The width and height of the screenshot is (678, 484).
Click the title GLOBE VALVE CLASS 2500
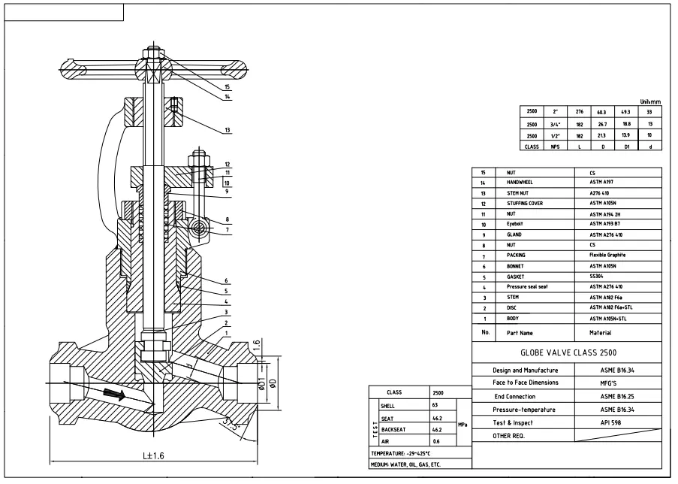coord(566,352)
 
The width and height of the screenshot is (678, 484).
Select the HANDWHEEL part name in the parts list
coord(523,183)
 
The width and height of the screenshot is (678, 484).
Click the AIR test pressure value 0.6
coord(435,441)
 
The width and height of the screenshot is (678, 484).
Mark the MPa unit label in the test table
coord(463,424)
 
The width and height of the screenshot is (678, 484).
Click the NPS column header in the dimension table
coord(554,147)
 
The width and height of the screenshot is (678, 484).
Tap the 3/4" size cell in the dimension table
coord(554,124)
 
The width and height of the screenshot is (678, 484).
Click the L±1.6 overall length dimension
coord(154,456)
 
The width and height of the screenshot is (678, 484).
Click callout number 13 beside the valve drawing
coord(227,130)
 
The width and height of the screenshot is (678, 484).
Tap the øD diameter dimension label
coord(273,385)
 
